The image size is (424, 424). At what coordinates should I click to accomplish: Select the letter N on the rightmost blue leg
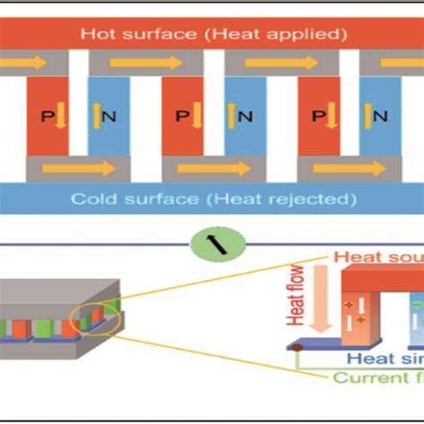click(x=381, y=116)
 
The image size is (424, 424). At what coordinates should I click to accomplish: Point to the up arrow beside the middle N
click(x=232, y=116)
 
